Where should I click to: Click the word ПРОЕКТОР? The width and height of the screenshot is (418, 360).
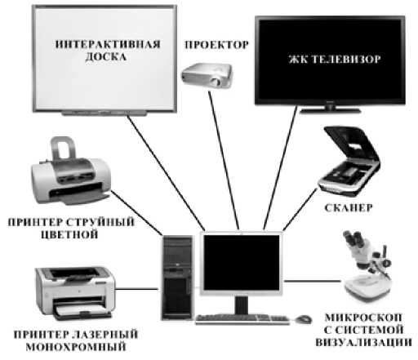216,45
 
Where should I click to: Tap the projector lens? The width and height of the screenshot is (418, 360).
216,82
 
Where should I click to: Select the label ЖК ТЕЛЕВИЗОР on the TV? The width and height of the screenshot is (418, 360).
335,60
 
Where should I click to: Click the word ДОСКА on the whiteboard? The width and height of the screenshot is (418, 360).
106,57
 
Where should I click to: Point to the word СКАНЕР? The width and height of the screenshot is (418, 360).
349,208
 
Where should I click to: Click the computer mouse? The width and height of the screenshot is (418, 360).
303,319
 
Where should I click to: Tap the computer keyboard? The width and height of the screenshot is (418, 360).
242,319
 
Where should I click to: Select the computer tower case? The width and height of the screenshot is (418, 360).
177,277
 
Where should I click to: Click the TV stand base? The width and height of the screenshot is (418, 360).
330,111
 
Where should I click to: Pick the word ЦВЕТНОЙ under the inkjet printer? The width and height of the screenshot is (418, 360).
69,234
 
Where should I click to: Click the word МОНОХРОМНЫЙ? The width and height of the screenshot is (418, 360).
76,347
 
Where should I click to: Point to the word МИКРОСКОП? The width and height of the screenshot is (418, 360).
363,318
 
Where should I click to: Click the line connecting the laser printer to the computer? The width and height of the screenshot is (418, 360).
136,289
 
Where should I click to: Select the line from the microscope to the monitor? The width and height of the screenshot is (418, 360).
312,281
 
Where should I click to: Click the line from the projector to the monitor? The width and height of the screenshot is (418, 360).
224,161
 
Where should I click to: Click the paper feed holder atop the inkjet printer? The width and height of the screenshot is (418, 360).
62,148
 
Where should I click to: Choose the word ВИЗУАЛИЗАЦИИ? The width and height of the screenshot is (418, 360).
364,342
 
